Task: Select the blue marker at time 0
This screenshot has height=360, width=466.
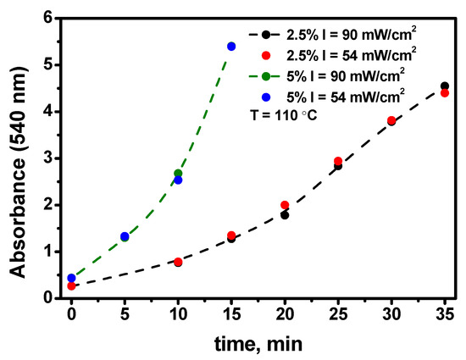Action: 71,278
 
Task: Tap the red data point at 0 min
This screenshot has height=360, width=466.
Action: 71,286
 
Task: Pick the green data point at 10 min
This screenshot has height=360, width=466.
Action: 178,173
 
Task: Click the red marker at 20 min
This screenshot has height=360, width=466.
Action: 285,205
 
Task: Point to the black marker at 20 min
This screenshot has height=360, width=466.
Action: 285,215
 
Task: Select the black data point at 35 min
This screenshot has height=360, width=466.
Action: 445,86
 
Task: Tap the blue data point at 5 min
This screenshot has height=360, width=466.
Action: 125,236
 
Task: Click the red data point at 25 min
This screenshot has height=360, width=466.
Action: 338,161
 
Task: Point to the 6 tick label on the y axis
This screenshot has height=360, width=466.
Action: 46,19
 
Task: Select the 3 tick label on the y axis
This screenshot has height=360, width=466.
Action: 46,158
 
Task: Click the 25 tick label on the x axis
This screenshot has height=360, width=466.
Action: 338,315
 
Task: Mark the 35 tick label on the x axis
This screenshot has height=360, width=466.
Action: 445,315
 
